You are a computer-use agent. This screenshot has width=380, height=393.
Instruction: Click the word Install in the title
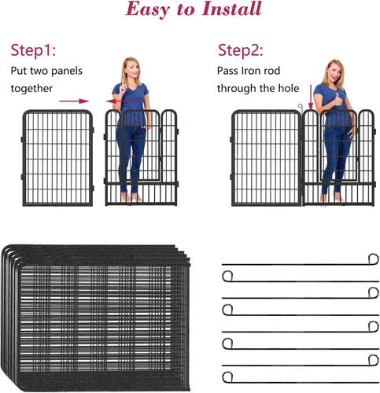pos(231,9)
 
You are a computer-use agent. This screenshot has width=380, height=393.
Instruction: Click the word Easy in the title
pos(148,10)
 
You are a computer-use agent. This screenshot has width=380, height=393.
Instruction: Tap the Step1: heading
pos(33,50)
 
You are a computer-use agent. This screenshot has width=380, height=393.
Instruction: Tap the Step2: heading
pos(240,50)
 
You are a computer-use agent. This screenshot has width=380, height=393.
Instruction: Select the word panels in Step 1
pos(67,71)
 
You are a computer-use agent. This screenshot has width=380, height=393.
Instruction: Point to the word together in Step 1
pos(31,89)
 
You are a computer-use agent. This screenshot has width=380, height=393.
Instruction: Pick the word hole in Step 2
pos(289,88)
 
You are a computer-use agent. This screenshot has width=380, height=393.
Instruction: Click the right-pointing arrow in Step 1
pos(74,101)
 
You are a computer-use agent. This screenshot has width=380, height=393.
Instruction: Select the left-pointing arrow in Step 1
pos(121,101)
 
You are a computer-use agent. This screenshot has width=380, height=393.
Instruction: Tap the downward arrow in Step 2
pos(311,97)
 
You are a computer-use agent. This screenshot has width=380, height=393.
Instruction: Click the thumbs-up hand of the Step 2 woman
pos(338,100)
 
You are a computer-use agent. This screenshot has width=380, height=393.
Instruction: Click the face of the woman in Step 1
pos(131,68)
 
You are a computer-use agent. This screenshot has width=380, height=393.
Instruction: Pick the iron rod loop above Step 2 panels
pos(301,107)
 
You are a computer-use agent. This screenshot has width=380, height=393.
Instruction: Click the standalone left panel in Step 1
pos(57,158)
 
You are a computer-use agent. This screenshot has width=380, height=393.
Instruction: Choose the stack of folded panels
pos(96,318)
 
